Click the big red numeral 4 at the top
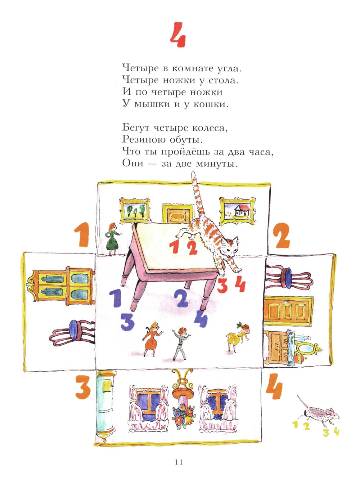178,35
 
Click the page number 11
179,462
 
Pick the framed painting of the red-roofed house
237,211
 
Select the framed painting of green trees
135,210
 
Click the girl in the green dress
112,239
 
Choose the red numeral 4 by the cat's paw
240,284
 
